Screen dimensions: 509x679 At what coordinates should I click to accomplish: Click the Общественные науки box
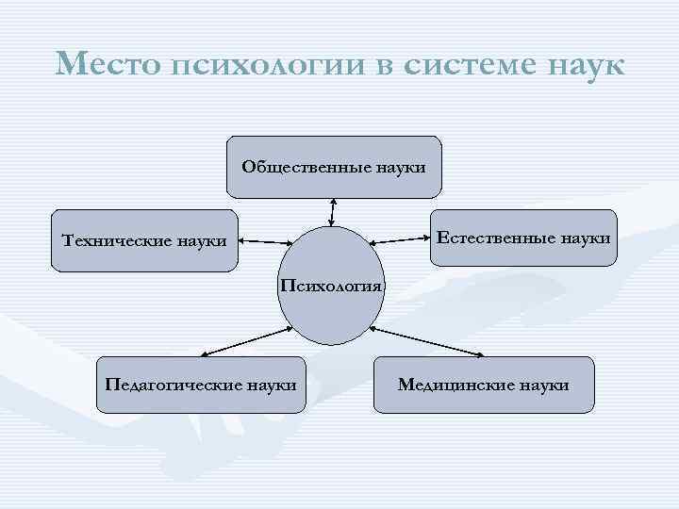[x=334, y=166]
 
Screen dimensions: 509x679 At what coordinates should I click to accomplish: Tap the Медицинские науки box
[x=484, y=385]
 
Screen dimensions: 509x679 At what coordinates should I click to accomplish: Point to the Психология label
[x=330, y=285]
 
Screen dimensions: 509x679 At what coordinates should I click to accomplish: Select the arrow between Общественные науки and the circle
[x=331, y=212]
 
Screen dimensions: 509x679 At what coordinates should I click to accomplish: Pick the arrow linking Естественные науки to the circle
[x=399, y=239]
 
